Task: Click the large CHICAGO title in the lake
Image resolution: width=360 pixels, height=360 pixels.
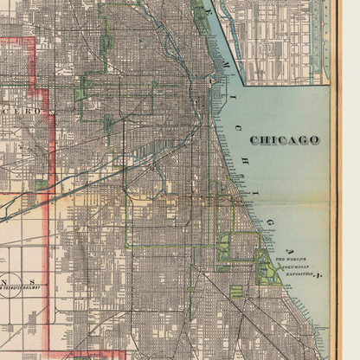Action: [284, 139]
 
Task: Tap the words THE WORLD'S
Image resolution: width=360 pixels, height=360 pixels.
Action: [292, 260]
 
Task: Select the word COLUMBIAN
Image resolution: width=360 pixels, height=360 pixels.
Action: [294, 267]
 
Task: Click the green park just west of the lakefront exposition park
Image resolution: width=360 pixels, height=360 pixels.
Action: [226, 248]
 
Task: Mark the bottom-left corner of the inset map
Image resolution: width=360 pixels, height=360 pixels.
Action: [247, 84]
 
